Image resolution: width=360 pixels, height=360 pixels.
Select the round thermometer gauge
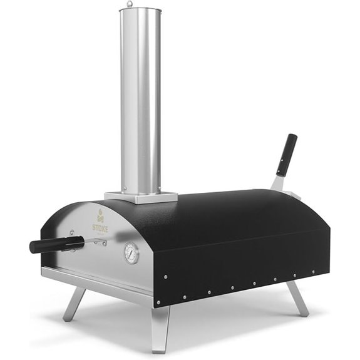[132, 254]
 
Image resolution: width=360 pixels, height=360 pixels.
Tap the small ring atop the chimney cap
[130, 4]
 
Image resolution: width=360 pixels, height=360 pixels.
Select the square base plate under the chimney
[133, 196]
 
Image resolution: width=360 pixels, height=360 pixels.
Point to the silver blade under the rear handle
[278, 183]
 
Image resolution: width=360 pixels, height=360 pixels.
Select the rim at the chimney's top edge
[139, 10]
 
